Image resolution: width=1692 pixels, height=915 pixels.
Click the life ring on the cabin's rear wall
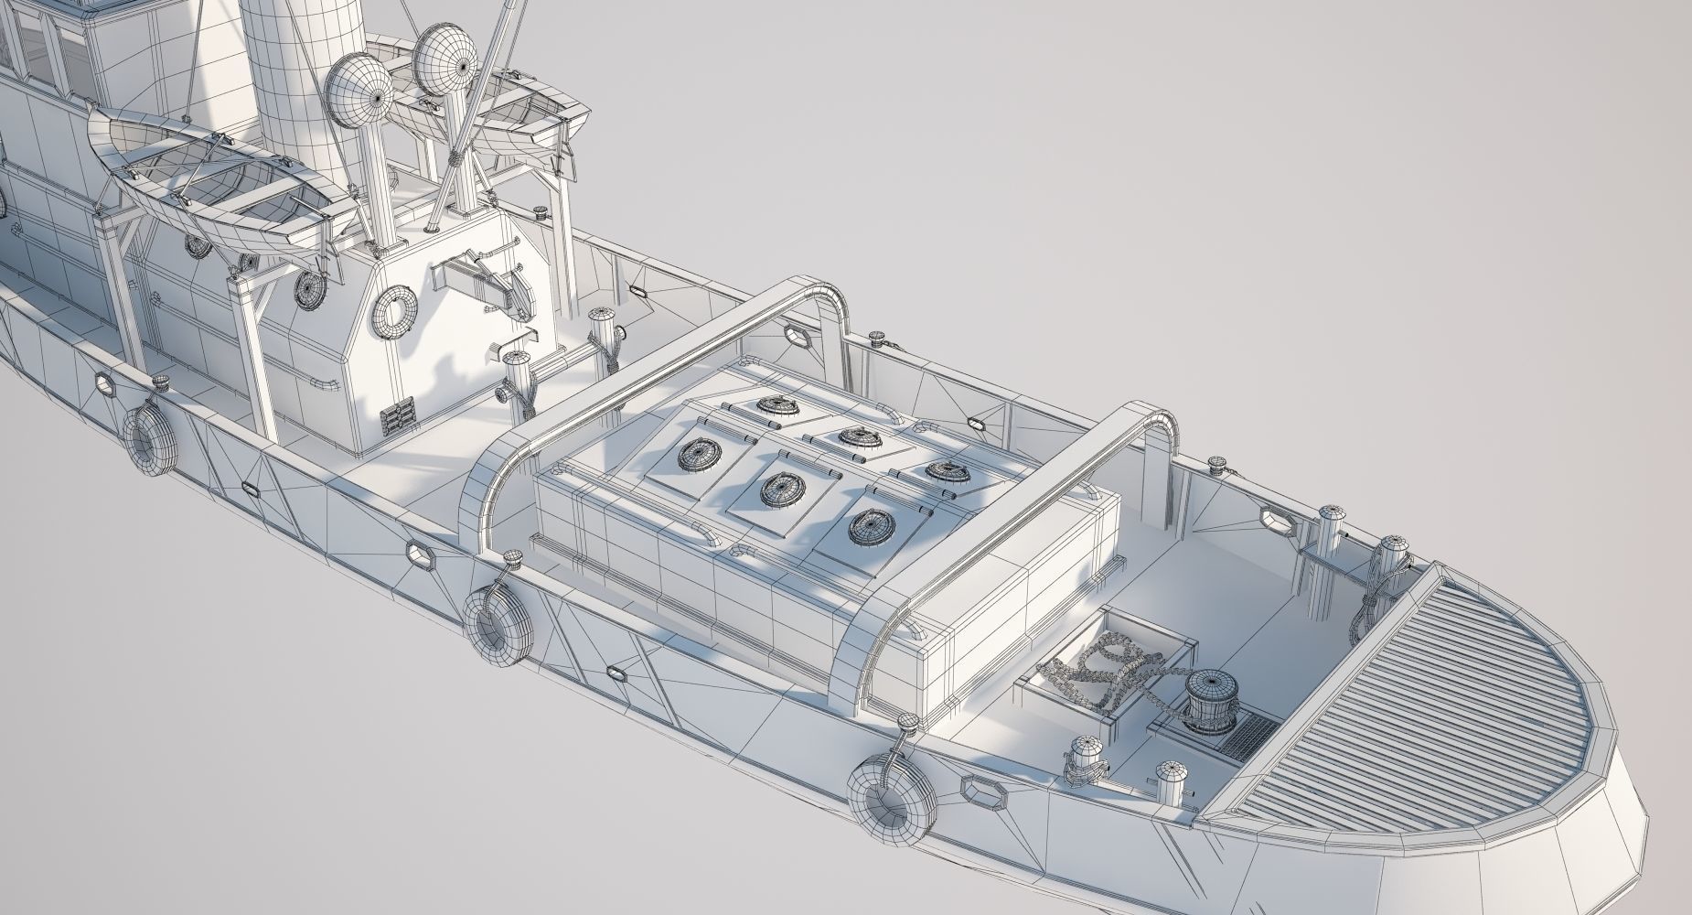point(395,310)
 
